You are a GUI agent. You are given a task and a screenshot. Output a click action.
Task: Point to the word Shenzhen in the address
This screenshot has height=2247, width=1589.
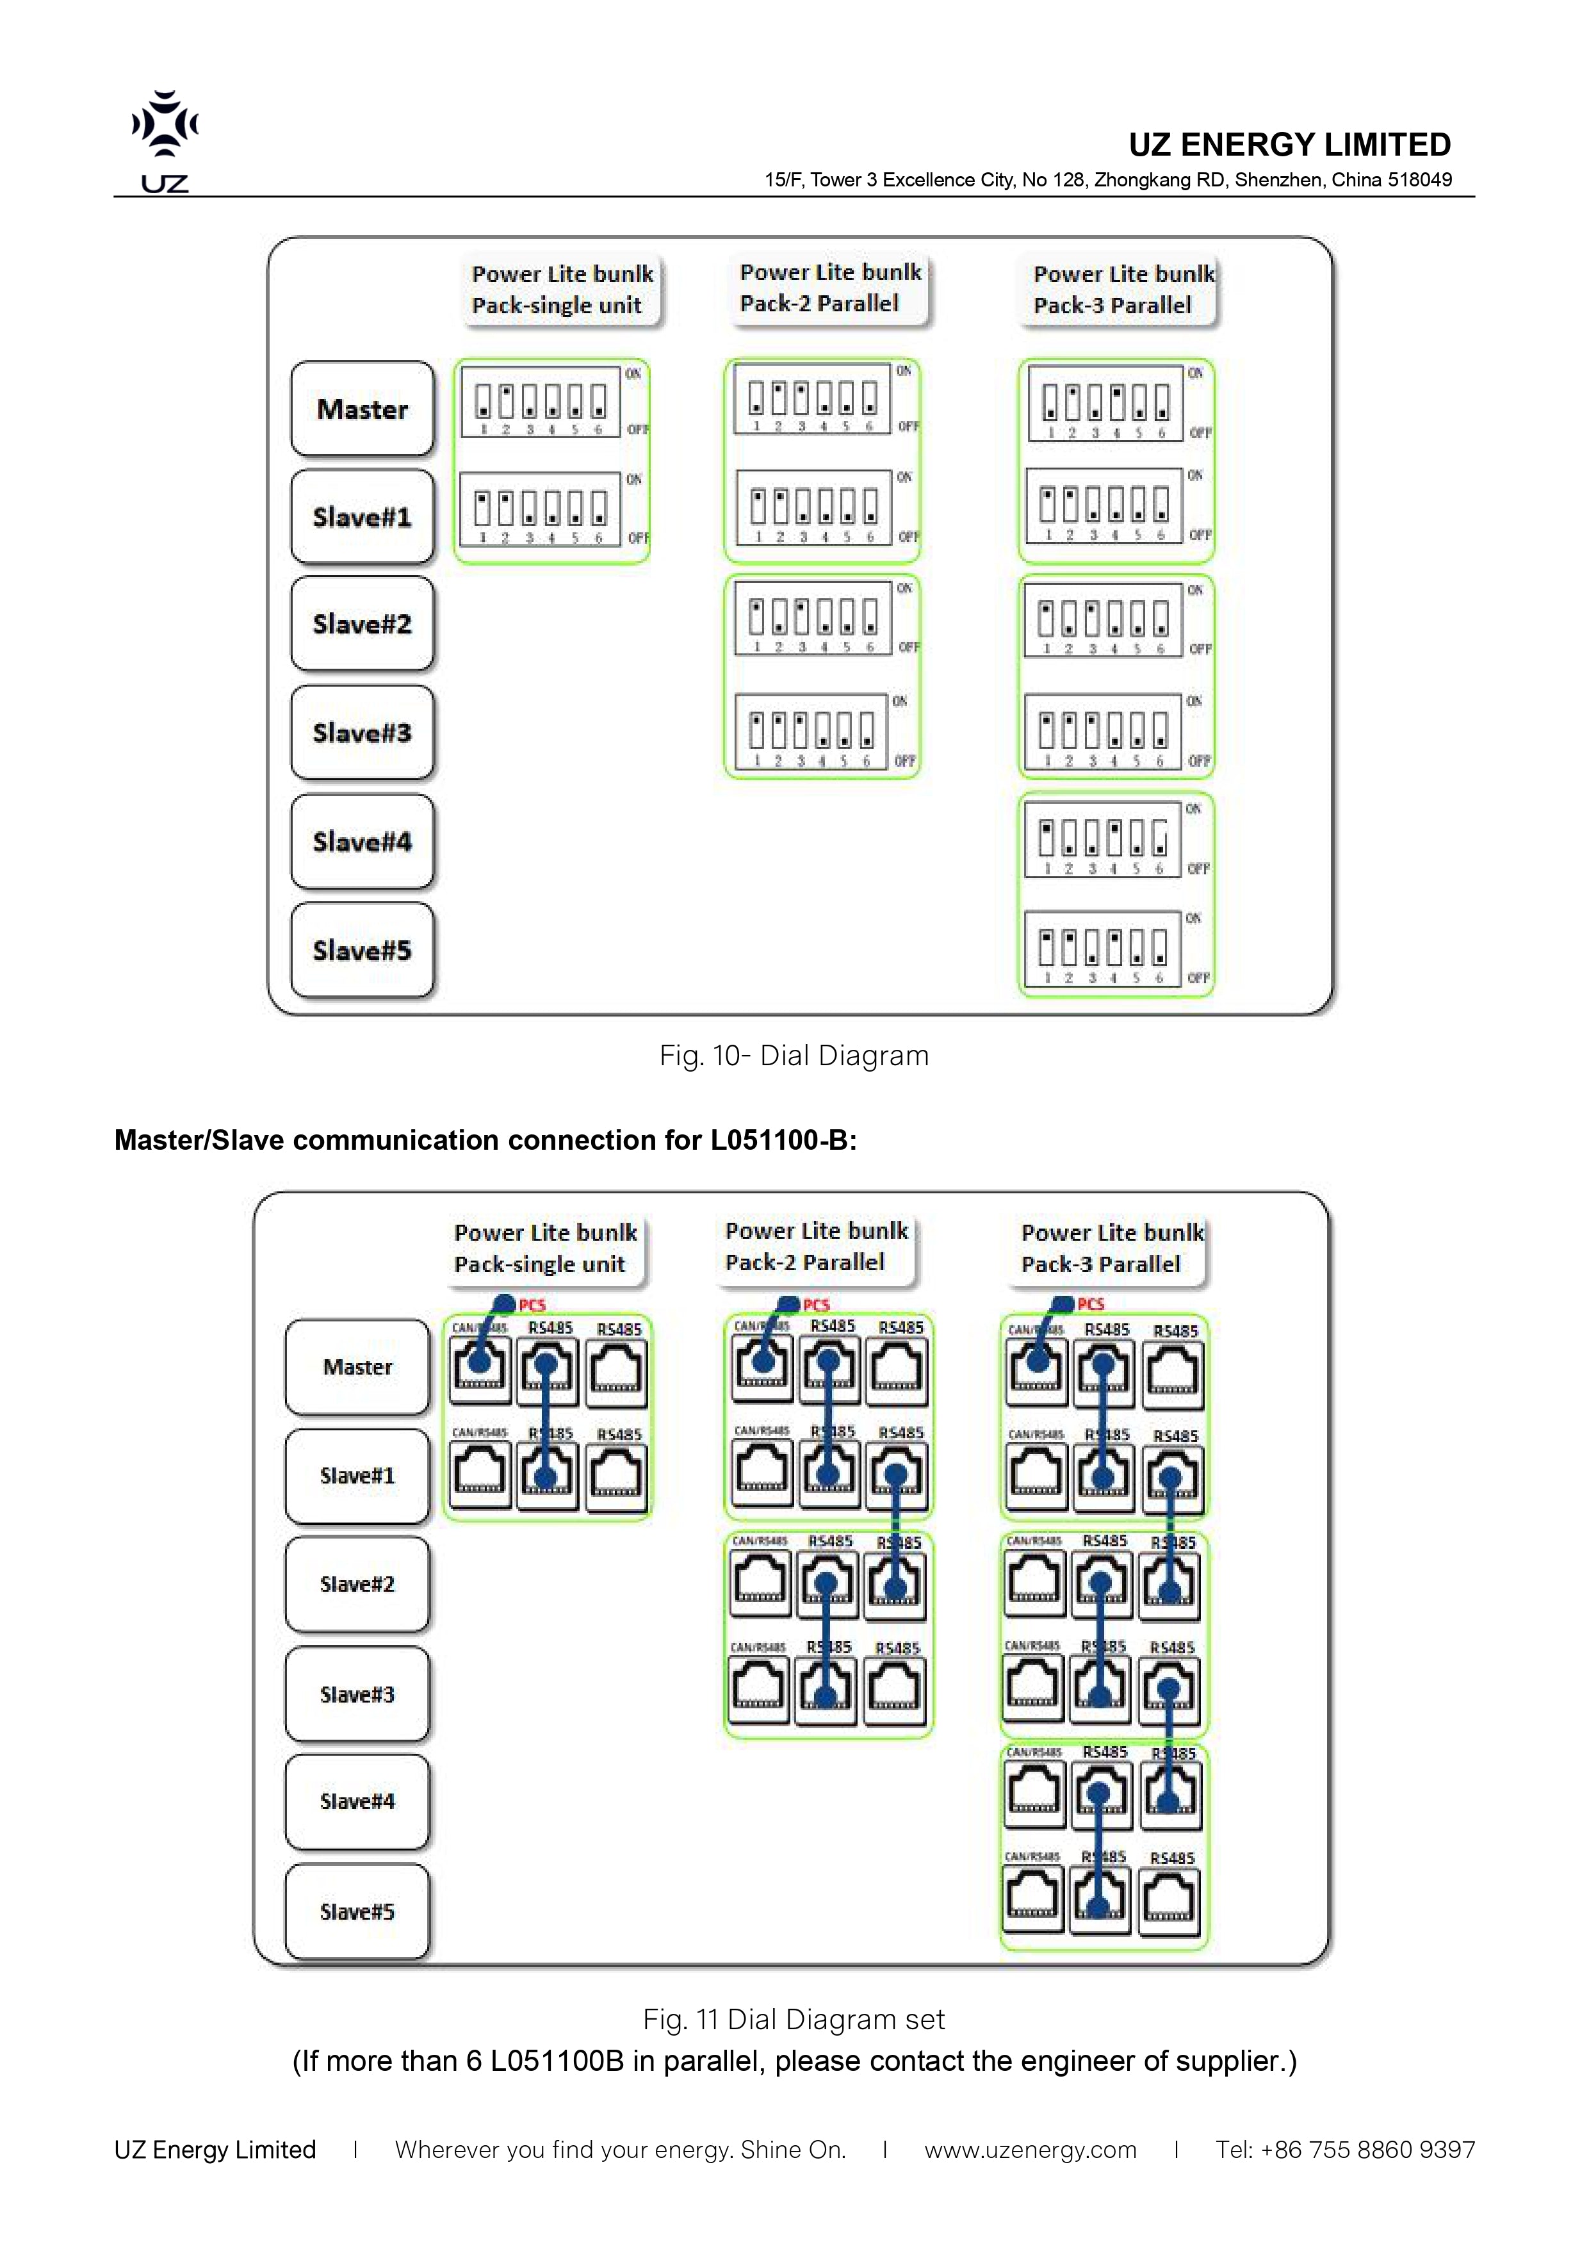click(1279, 180)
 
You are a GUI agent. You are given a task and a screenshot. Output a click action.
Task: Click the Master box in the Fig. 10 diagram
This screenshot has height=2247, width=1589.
click(362, 409)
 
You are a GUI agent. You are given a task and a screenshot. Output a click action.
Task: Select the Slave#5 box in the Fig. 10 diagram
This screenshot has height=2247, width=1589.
click(362, 951)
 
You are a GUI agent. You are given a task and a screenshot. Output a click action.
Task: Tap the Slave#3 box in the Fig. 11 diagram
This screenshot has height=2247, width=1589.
click(357, 1694)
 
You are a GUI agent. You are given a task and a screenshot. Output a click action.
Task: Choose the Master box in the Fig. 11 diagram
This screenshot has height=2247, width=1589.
click(357, 1367)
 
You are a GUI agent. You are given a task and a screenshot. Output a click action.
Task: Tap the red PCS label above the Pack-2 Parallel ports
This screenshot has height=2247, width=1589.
click(816, 1305)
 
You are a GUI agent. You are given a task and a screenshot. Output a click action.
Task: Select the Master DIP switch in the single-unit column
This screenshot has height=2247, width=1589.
click(540, 401)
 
